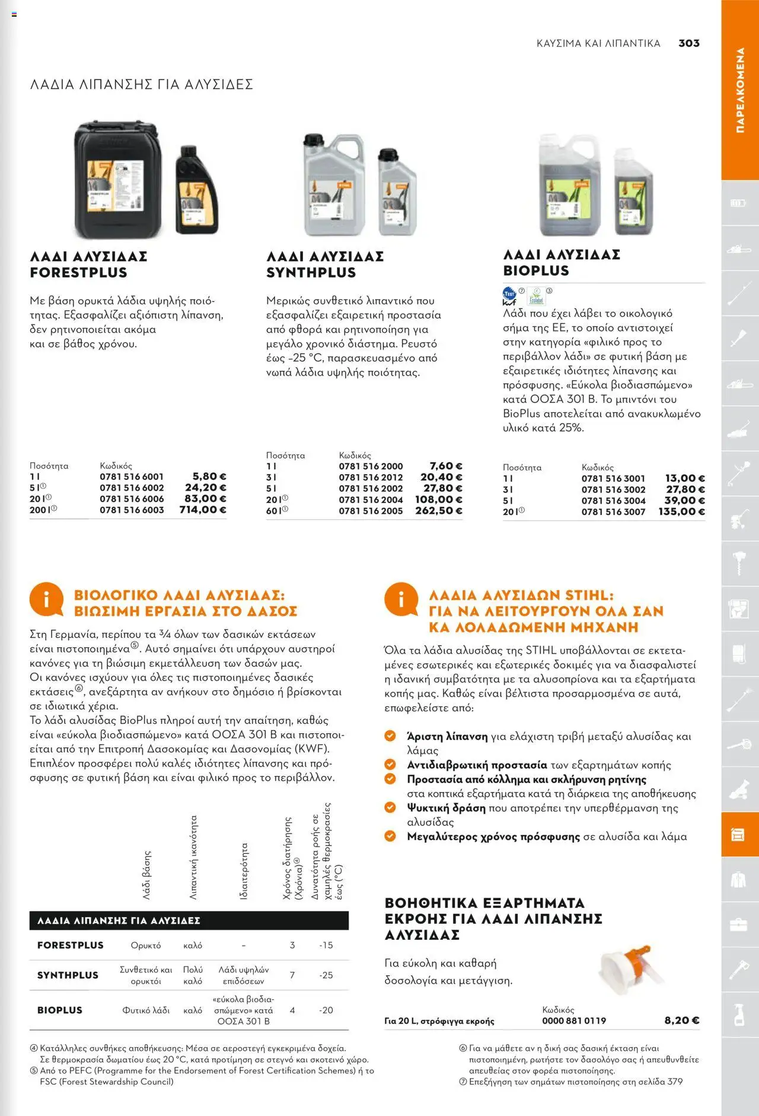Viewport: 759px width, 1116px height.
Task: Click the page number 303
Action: click(x=688, y=43)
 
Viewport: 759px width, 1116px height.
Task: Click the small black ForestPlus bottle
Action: click(x=197, y=190)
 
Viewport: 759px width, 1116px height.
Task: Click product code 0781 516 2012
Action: click(x=371, y=477)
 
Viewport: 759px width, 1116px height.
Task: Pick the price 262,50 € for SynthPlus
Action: click(x=439, y=511)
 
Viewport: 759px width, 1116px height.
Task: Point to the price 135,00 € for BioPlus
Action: click(x=681, y=511)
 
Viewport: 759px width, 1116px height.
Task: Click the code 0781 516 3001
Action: click(x=613, y=478)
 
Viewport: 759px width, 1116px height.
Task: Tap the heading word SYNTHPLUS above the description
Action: click(x=311, y=272)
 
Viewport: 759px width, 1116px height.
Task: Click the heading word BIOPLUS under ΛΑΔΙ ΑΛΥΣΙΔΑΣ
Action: click(x=536, y=271)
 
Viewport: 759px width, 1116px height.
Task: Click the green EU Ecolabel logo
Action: click(x=537, y=296)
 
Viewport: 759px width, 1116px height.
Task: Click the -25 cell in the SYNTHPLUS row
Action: click(x=326, y=975)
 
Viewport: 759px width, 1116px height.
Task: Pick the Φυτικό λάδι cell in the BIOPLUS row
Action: click(x=146, y=1010)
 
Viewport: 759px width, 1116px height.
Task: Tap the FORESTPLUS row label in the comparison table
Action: click(x=70, y=945)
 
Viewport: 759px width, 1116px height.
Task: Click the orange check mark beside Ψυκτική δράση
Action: click(x=390, y=807)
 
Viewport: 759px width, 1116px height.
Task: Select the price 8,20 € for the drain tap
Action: click(x=681, y=1020)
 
